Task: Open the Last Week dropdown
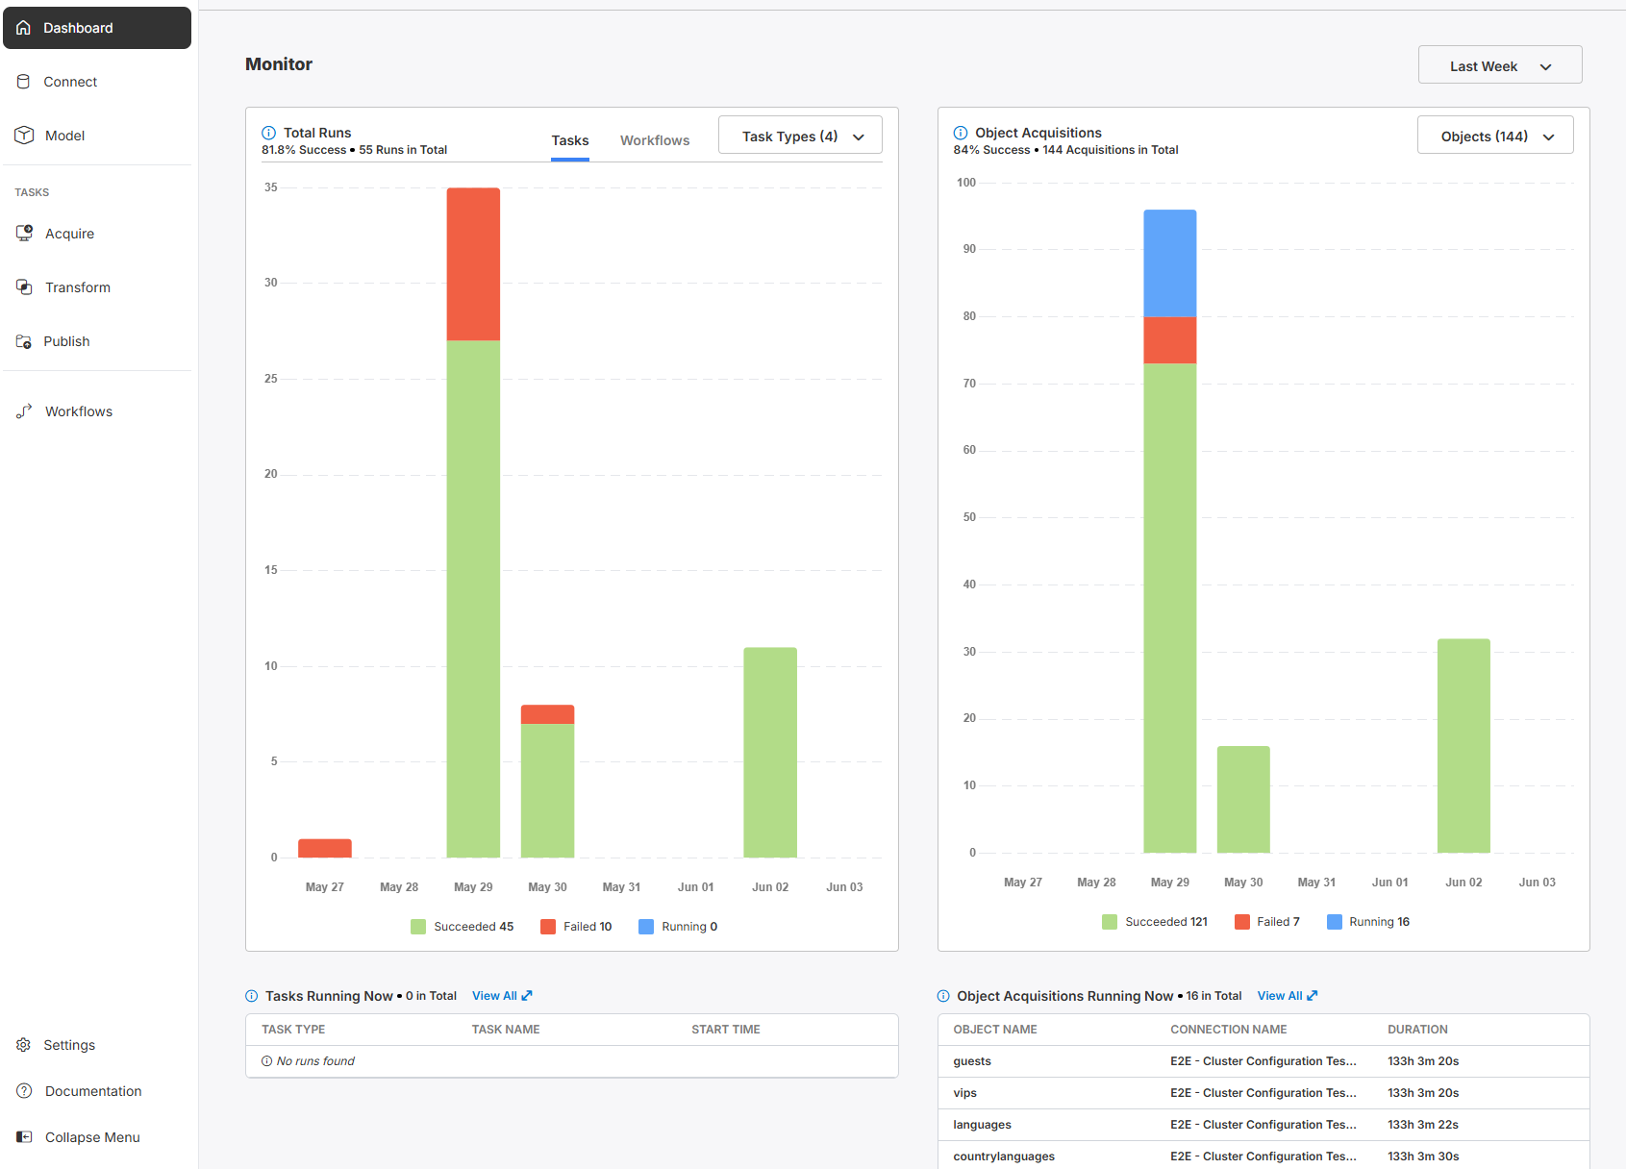pyautogui.click(x=1500, y=65)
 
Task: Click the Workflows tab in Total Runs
pyautogui.click(x=654, y=140)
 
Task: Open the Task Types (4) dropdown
pyautogui.click(x=800, y=136)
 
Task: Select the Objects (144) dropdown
pyautogui.click(x=1495, y=136)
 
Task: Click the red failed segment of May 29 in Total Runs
pyautogui.click(x=473, y=264)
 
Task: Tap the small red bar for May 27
pyautogui.click(x=325, y=848)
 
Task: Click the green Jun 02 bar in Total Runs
pyautogui.click(x=770, y=753)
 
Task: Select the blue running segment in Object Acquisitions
pyautogui.click(x=1170, y=263)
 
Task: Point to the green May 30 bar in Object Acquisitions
pyautogui.click(x=1243, y=799)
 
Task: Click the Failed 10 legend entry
pyautogui.click(x=576, y=927)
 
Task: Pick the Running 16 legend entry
pyautogui.click(x=1368, y=922)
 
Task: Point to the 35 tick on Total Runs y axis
pyautogui.click(x=271, y=187)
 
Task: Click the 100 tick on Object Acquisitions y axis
pyautogui.click(x=966, y=182)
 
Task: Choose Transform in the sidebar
pyautogui.click(x=78, y=287)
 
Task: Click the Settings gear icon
pyautogui.click(x=24, y=1045)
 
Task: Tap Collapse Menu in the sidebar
pyautogui.click(x=92, y=1137)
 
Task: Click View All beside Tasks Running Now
pyautogui.click(x=502, y=996)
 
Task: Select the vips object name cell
pyautogui.click(x=964, y=1093)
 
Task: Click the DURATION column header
pyautogui.click(x=1417, y=1029)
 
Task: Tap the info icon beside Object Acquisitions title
pyautogui.click(x=961, y=133)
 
